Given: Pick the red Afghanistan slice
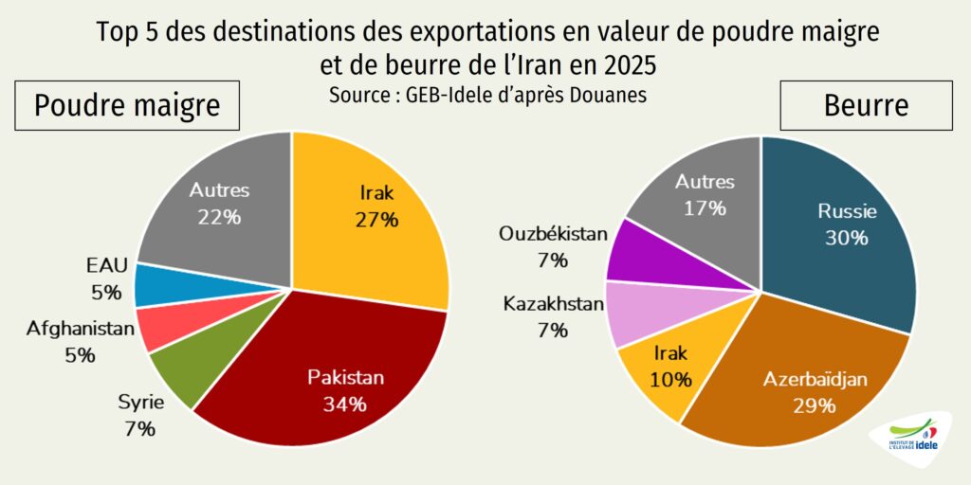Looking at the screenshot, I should point(161,327).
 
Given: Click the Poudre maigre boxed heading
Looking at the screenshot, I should point(127,105).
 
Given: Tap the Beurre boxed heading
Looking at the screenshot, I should point(866,105).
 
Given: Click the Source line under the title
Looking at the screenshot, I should point(487,96).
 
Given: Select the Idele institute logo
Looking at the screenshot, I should point(908,440).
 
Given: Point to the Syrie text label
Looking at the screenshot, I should point(141,403).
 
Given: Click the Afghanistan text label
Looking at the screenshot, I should point(81,330).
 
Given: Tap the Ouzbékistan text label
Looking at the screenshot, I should point(553,234).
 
